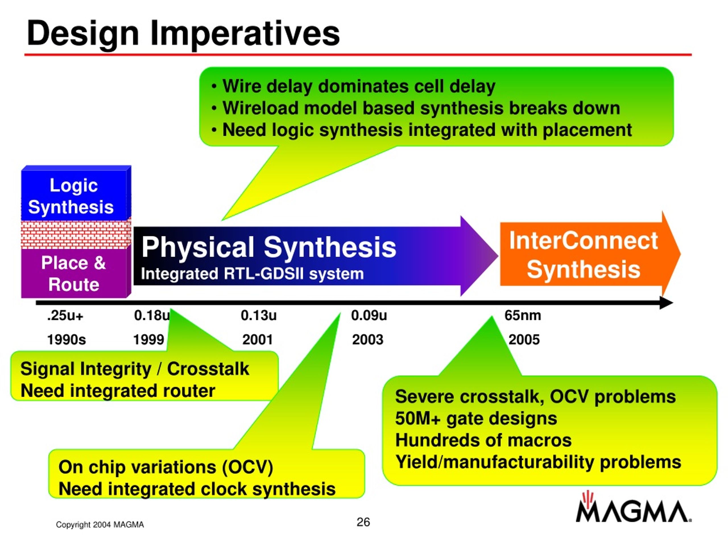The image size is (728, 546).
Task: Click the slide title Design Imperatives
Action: coord(183,34)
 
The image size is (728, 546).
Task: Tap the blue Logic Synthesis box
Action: coord(76,193)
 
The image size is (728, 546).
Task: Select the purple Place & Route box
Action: coord(76,274)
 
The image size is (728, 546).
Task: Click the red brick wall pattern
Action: coord(76,235)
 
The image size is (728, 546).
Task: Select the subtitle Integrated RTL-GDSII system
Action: coord(253,274)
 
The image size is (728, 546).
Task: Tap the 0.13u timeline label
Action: coord(259,316)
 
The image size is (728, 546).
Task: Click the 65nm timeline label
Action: coord(523,316)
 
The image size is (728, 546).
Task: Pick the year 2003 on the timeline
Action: coord(368,340)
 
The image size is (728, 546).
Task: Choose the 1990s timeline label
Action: coord(67,340)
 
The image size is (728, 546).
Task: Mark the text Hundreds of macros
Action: coord(483,440)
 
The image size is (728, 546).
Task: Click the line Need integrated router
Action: coord(118,391)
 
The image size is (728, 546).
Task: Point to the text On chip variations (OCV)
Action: coord(166,467)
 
